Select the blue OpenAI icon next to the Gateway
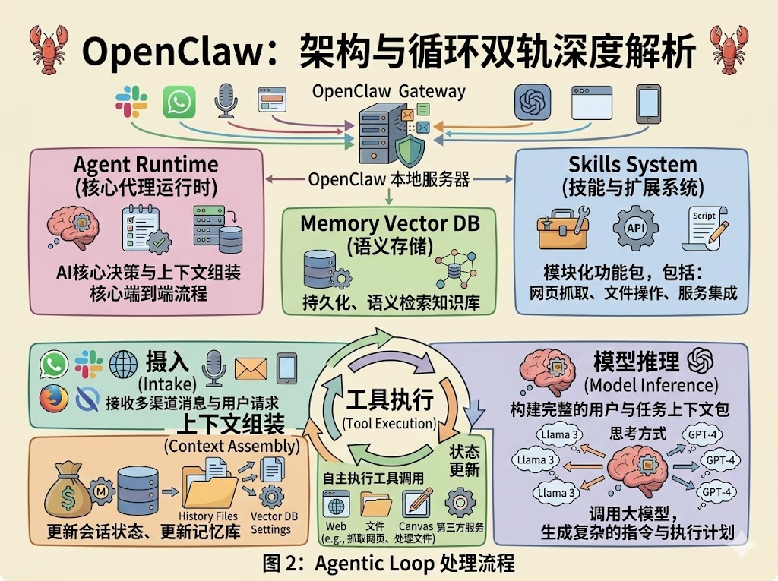coord(532,102)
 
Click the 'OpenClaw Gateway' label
coord(388,92)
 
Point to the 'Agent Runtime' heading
coord(145,165)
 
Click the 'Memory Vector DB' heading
coord(389,223)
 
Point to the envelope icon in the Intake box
coord(250,368)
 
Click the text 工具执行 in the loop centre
coord(390,399)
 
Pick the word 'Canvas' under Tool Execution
coord(416,526)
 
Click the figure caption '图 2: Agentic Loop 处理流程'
coord(388,563)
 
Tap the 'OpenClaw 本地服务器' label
coord(389,180)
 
